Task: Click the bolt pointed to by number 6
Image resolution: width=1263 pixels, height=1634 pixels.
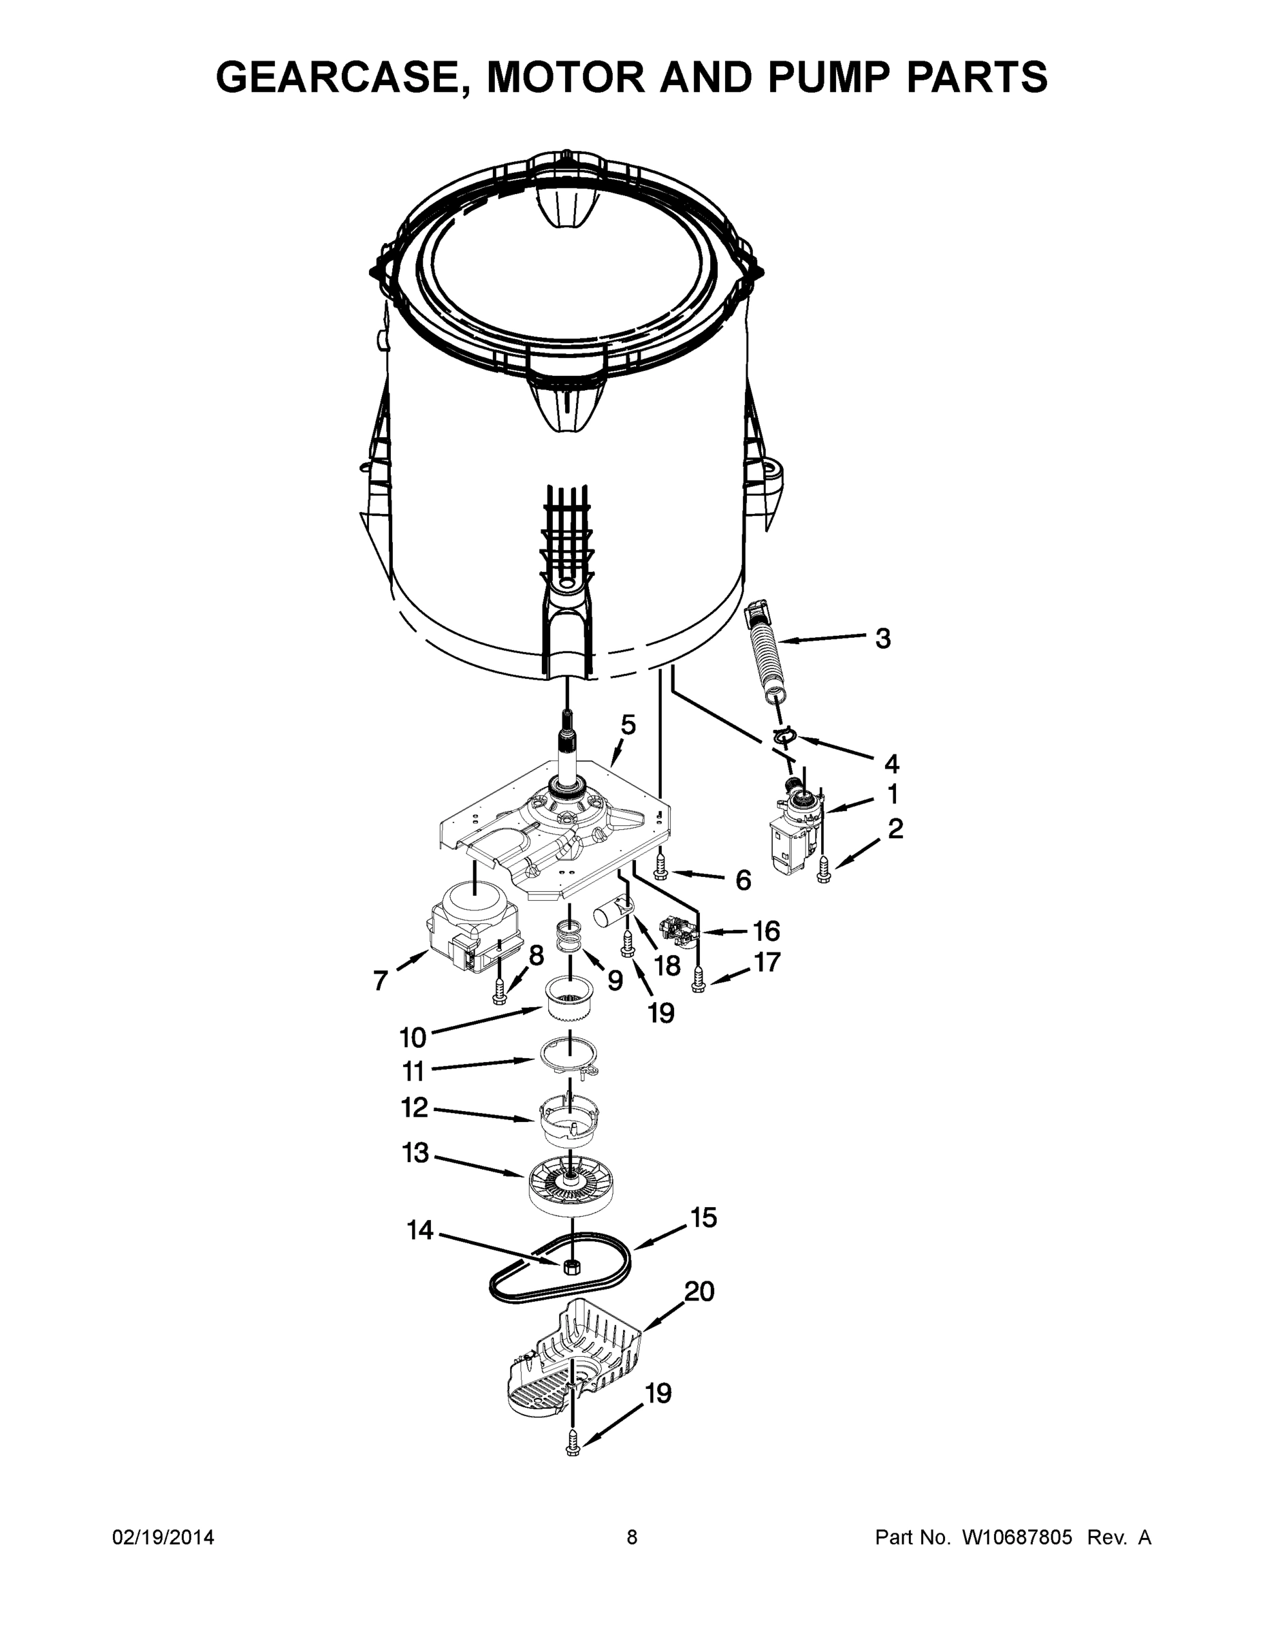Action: (x=660, y=869)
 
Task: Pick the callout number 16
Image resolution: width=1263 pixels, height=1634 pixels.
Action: (x=766, y=931)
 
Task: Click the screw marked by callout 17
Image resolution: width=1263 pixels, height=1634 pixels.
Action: (x=698, y=979)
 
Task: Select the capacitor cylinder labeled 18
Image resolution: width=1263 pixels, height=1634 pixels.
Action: (x=611, y=916)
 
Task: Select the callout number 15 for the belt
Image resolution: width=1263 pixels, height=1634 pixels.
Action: (x=703, y=1217)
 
